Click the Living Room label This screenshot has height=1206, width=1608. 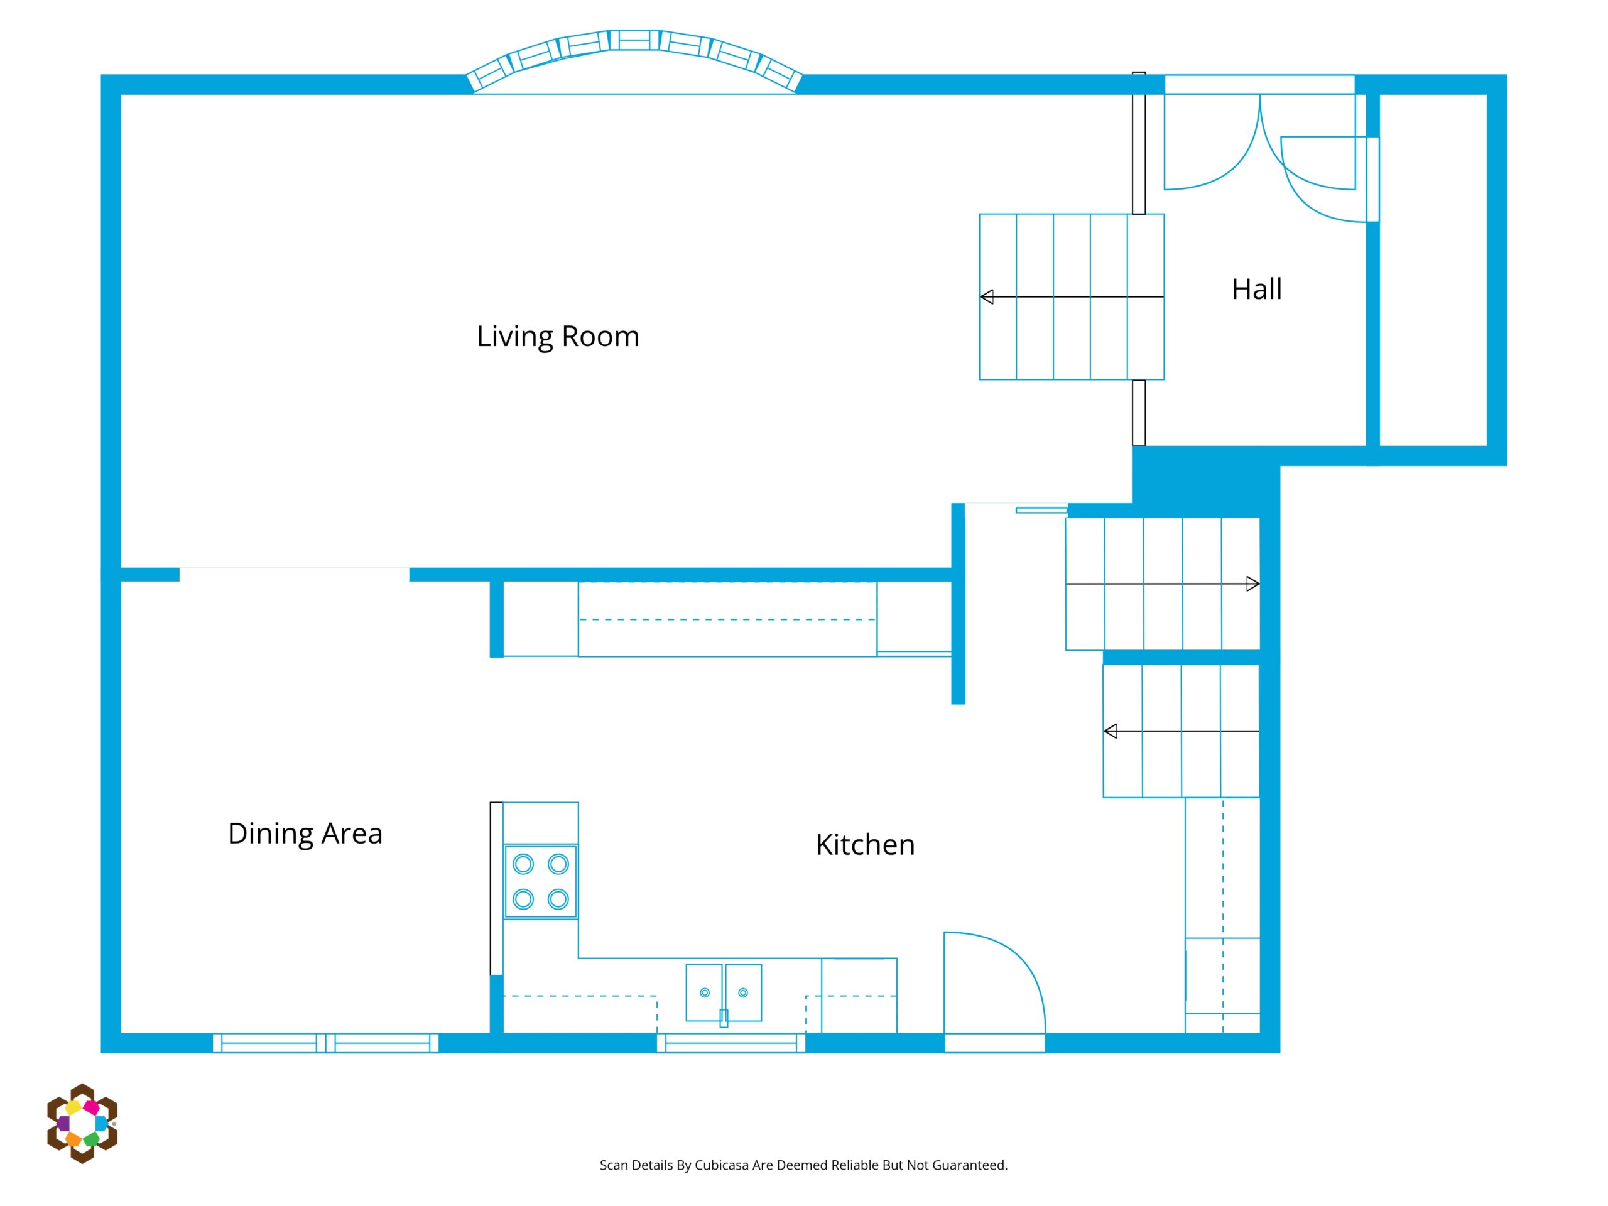click(x=558, y=337)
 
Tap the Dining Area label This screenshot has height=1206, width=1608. click(x=305, y=834)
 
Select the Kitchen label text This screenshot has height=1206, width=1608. click(x=865, y=845)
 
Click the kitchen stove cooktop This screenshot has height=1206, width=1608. click(x=541, y=882)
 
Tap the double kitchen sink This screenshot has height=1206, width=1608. click(x=724, y=992)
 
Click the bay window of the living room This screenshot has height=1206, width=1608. click(x=634, y=62)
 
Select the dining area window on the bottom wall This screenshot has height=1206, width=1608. click(x=325, y=1043)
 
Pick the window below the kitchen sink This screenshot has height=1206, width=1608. click(x=731, y=1043)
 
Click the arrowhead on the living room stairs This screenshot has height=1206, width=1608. click(x=986, y=296)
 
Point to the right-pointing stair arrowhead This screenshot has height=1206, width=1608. click(x=1252, y=584)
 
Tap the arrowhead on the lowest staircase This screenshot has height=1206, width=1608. click(x=1110, y=731)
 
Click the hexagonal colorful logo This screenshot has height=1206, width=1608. click(x=82, y=1123)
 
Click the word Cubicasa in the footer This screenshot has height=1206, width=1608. click(x=721, y=1165)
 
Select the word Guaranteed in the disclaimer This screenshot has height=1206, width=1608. click(x=970, y=1165)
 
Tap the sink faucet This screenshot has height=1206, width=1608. click(x=724, y=1018)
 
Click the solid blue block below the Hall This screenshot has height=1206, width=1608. click(x=1205, y=480)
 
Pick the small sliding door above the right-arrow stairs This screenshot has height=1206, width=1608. click(x=1041, y=510)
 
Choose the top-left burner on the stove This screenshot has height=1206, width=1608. click(x=523, y=864)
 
